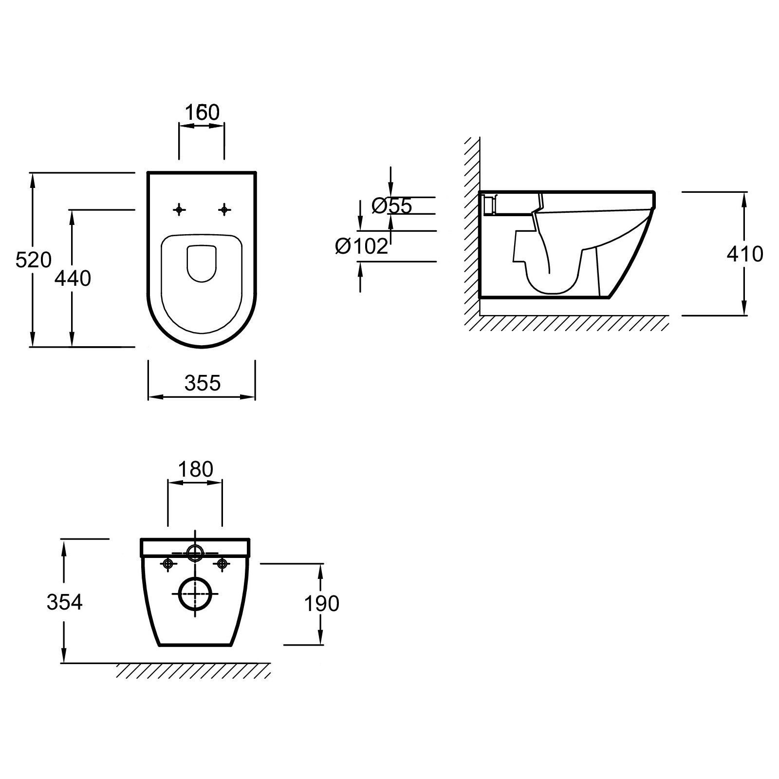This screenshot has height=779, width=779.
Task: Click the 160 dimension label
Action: [x=202, y=112]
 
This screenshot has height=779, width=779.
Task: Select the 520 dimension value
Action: [x=33, y=260]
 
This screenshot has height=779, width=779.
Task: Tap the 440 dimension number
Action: [x=73, y=278]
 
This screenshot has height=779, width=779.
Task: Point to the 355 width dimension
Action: [x=203, y=383]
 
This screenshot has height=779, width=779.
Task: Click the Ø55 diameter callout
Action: [x=391, y=206]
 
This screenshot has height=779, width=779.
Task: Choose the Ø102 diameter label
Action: [x=362, y=246]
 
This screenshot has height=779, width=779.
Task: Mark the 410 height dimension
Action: [x=744, y=254]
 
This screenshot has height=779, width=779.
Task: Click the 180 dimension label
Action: [x=195, y=469]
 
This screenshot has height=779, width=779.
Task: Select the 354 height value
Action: [x=64, y=602]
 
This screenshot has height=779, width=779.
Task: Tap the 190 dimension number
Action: [x=321, y=604]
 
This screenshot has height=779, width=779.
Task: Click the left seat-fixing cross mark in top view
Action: [x=179, y=210]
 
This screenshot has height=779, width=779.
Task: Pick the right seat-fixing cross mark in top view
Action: [x=224, y=210]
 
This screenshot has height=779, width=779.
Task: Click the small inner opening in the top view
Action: [x=201, y=263]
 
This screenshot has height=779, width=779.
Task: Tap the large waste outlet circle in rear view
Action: [x=196, y=594]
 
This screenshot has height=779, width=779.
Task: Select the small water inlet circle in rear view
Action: [x=195, y=553]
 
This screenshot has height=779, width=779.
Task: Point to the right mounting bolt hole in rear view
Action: [x=223, y=564]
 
